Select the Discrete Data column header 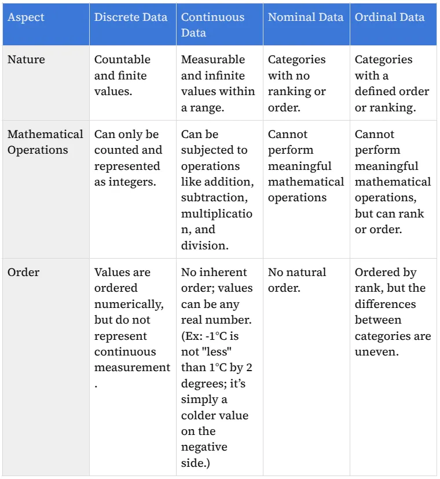pos(131,17)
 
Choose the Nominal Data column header pos(305,17)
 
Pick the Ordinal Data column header pos(389,17)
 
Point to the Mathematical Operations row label pos(45,142)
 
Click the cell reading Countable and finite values pos(122,76)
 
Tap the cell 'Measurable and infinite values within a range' pos(218,84)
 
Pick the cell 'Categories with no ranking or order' pos(296,84)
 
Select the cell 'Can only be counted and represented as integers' pos(128,158)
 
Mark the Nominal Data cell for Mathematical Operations pos(305,166)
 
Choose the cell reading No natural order pos(296,280)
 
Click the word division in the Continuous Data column pos(204,245)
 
